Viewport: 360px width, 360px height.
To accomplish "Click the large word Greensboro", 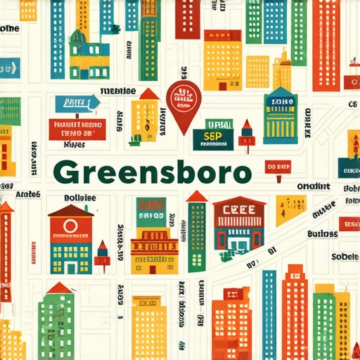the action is pos(150,172).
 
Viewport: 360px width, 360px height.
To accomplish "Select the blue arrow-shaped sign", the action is pos(76,103).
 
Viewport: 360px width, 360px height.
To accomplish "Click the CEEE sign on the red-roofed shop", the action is pos(239,209).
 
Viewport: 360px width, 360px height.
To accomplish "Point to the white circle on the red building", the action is pos(70,226).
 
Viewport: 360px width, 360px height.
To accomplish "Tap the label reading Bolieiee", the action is pos(79,198).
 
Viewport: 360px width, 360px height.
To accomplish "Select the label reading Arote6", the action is pos(28,193).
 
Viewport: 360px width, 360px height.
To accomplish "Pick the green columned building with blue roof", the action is pos(280,116).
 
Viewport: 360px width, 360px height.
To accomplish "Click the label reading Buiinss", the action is pos(323,233).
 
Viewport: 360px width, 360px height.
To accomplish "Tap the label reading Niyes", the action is pos(74,143).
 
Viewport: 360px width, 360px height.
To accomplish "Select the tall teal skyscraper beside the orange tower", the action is pos(269,313).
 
